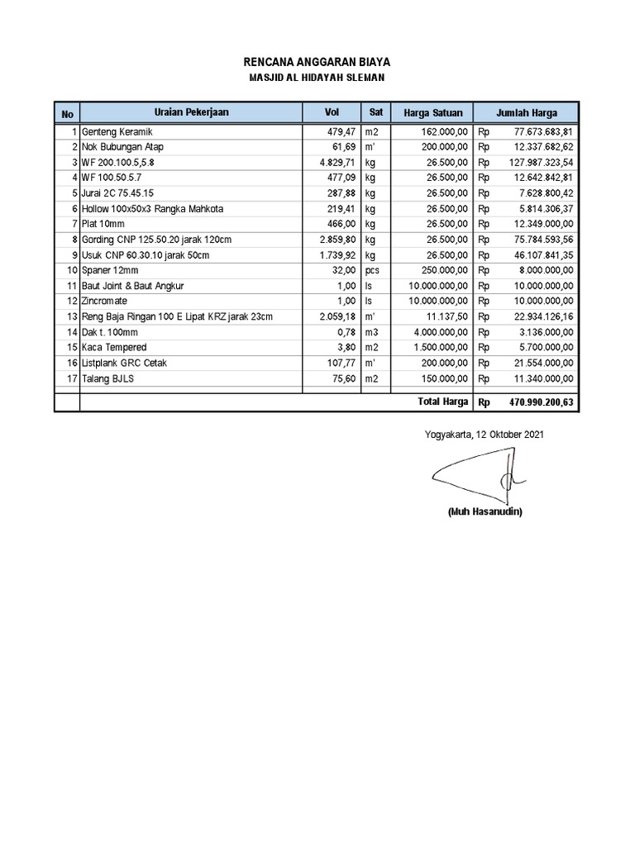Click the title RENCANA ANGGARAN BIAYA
pos(317,62)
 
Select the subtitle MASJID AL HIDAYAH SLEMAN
pos(317,78)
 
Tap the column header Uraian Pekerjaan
pos(191,112)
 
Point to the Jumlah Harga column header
pos(527,113)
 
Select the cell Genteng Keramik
pos(117,132)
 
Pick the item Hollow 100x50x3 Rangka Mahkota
pos(153,209)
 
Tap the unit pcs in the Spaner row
pos(372,270)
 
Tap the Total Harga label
pos(443,402)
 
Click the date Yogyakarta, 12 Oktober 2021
pos(484,434)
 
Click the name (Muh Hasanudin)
pos(485,511)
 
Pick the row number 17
pos(73,378)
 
